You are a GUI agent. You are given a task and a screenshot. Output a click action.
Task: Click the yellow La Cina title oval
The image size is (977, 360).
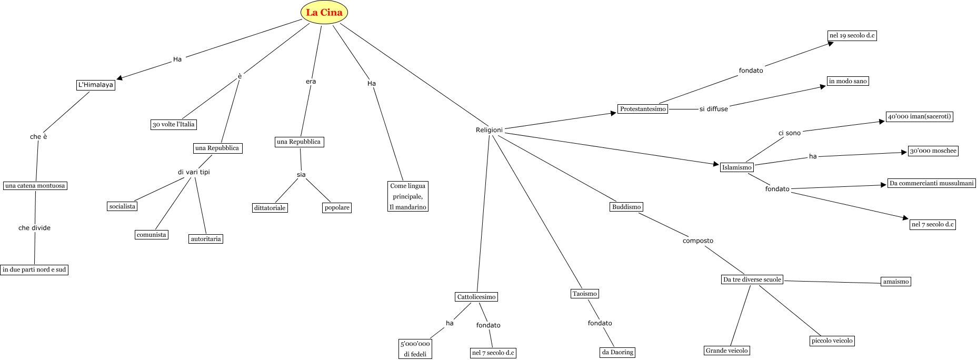pyautogui.click(x=324, y=13)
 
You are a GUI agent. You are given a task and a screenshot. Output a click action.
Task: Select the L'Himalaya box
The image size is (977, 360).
pyautogui.click(x=95, y=85)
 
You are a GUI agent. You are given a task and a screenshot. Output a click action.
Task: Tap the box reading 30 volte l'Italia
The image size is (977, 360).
pyautogui.click(x=173, y=125)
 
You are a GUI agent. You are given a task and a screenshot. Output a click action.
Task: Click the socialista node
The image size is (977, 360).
pyautogui.click(x=122, y=206)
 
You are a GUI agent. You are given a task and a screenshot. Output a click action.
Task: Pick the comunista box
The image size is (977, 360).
pyautogui.click(x=151, y=235)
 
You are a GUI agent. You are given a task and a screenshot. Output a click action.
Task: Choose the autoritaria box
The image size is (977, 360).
pyautogui.click(x=206, y=239)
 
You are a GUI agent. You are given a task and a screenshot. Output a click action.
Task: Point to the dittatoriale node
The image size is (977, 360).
pyautogui.click(x=270, y=208)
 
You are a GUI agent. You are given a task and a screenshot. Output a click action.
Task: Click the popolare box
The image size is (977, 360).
pyautogui.click(x=337, y=207)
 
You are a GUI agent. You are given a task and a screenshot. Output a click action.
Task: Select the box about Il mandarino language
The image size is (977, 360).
pyautogui.click(x=408, y=196)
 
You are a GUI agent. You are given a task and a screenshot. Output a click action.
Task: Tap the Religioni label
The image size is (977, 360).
pyautogui.click(x=489, y=130)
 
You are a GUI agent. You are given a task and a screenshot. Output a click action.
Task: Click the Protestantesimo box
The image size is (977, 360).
pyautogui.click(x=643, y=109)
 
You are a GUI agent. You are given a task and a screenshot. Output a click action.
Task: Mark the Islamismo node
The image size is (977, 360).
pyautogui.click(x=736, y=167)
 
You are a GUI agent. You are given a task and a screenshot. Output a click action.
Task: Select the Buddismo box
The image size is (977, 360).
pyautogui.click(x=626, y=207)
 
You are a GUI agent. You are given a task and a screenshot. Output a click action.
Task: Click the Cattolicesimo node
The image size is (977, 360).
pyautogui.click(x=476, y=297)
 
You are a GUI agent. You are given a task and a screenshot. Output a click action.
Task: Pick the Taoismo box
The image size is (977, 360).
pyautogui.click(x=585, y=294)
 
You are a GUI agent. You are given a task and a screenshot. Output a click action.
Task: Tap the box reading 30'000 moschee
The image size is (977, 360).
pyautogui.click(x=933, y=151)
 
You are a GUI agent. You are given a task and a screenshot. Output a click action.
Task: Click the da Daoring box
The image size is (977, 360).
pyautogui.click(x=617, y=352)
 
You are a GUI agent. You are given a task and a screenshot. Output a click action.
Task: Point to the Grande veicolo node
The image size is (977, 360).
pyautogui.click(x=726, y=351)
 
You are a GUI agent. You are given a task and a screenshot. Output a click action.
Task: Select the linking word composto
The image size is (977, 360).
pyautogui.click(x=697, y=241)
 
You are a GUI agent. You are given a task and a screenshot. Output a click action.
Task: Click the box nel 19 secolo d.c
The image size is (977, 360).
pyautogui.click(x=852, y=36)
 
